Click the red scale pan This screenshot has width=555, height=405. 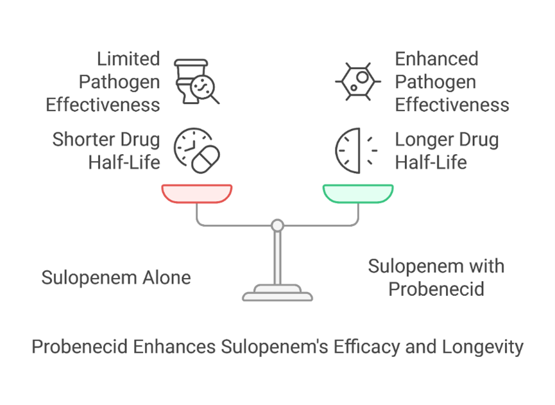(197, 193)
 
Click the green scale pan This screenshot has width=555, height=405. (358, 193)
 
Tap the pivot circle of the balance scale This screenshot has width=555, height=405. (277, 225)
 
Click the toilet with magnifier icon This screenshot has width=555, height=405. (196, 82)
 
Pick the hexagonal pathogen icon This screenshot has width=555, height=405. (358, 82)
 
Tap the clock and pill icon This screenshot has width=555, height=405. (197, 150)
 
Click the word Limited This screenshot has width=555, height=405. (128, 59)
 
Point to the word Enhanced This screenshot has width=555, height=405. (436, 59)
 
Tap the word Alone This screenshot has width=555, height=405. (167, 277)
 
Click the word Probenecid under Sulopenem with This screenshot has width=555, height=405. (436, 289)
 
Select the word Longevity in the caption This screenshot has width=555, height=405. (482, 347)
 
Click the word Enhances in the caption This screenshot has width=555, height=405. (174, 346)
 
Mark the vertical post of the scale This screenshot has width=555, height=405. (277, 258)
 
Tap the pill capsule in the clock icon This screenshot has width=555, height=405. (206, 159)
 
